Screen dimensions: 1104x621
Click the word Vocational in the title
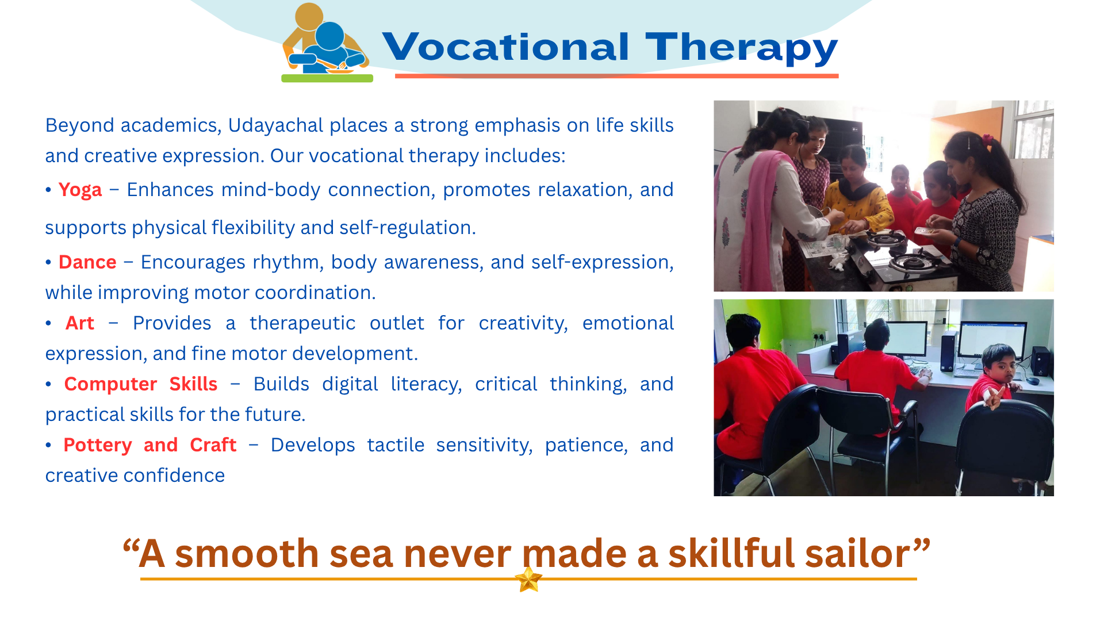505,47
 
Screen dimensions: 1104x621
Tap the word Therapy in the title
742,48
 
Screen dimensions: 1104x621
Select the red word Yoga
80,190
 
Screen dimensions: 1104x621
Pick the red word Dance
87,262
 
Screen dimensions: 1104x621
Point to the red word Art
79,323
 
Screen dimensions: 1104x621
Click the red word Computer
110,385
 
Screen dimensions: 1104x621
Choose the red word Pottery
98,446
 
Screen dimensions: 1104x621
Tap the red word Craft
213,445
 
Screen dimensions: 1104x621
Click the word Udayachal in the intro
276,125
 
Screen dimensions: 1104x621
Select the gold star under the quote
528,579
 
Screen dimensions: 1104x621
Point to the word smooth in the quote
247,554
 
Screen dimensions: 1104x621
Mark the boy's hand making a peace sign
993,397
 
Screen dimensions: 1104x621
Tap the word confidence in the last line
174,476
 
